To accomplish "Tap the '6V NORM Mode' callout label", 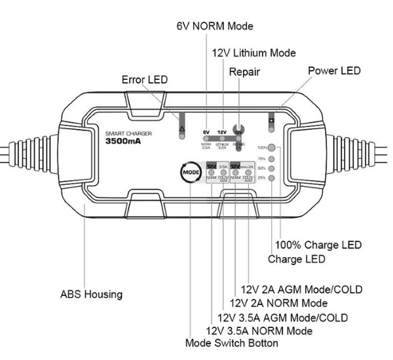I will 214,26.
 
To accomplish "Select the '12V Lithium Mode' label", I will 254,53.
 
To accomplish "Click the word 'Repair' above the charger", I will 244,73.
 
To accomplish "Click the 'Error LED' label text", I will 145,79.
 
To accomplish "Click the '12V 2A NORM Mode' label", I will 278,303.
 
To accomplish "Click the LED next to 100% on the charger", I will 271,148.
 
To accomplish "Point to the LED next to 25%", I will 271,178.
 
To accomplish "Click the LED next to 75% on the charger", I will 271,159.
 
